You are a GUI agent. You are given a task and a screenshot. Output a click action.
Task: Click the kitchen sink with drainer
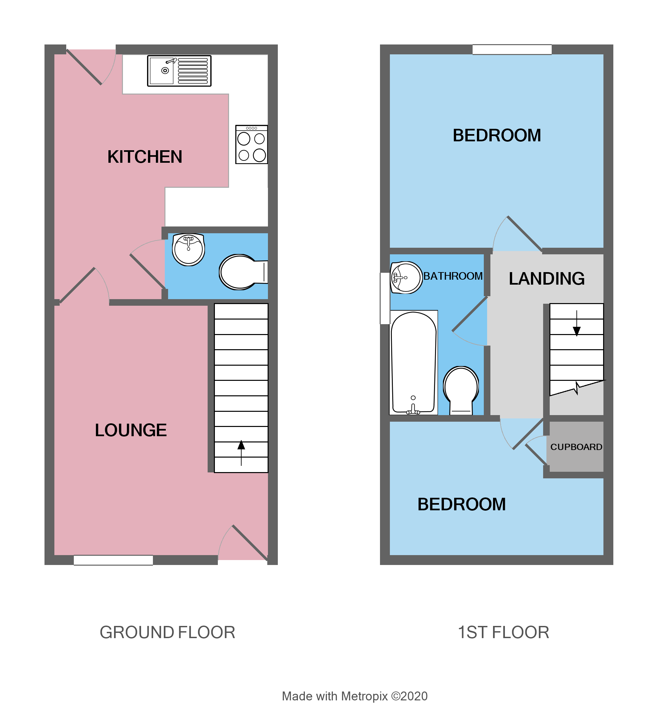[179, 71]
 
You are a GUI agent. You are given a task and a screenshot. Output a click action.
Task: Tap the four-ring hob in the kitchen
[251, 145]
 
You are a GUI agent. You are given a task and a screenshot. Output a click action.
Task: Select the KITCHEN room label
[145, 157]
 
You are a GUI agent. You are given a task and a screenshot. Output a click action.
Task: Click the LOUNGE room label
[131, 430]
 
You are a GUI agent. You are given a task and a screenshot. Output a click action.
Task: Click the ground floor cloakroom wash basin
[189, 249]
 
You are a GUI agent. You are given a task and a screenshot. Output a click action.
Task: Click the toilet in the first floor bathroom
[461, 390]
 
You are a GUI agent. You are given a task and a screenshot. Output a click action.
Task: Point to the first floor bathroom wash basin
[406, 278]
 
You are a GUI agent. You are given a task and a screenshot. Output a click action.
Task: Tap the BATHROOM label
[453, 276]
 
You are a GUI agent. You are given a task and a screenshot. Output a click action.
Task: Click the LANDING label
[546, 279]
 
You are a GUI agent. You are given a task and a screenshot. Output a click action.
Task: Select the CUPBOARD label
[576, 447]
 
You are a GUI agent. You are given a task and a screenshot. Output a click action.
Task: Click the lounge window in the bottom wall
[113, 560]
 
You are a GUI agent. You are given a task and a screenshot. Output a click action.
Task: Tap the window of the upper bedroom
[512, 49]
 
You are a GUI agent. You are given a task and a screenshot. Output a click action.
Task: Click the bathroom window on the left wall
[385, 298]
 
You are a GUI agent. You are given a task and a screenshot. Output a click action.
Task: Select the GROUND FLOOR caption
[167, 633]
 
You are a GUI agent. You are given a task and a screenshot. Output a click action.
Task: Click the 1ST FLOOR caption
[503, 633]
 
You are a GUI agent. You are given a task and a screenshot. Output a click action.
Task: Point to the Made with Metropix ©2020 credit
[355, 696]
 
